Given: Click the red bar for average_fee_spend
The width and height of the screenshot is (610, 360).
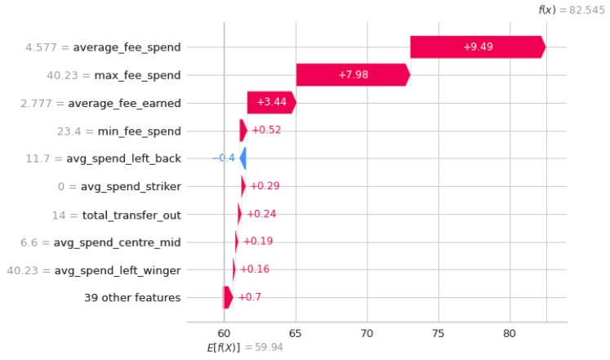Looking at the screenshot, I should coord(477,47).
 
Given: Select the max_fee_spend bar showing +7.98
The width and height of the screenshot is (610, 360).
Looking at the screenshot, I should coord(352,75).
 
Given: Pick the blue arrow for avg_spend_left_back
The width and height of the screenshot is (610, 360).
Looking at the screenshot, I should coord(243,158).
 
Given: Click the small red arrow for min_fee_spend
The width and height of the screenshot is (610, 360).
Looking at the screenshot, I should coord(243,131).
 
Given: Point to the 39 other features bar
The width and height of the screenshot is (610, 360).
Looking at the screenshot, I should coord(228,297).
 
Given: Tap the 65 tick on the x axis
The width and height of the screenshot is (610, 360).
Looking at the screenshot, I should coord(295,332).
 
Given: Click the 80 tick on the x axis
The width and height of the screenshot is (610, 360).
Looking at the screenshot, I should coord(510,332).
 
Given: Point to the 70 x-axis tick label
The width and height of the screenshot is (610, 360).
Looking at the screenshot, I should coord(367,332).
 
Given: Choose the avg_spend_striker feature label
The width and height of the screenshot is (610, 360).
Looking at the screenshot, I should coord(131,186).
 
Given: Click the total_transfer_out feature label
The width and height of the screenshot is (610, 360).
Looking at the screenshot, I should coord(131,214).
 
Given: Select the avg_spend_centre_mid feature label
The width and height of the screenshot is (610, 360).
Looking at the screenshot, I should coord(117,242).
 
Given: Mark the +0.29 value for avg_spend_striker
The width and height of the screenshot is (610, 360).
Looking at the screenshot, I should coord(264,186).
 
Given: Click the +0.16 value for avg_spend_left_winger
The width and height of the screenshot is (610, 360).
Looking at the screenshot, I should coord(256,269).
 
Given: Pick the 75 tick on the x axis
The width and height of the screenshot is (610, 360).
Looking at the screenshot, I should coord(439,332).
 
